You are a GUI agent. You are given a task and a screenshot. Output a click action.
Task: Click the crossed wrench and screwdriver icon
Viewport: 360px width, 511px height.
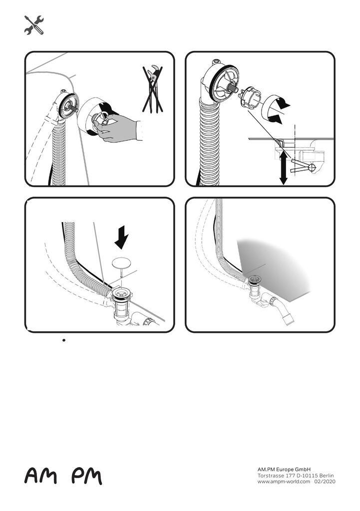[x=34, y=25]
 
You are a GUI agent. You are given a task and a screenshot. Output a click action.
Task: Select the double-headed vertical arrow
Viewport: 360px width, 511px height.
[x=284, y=168]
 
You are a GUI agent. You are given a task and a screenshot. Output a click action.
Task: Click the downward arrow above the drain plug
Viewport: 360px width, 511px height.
[x=122, y=238]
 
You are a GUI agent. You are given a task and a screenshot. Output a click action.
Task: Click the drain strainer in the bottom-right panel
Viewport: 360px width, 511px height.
[x=254, y=279]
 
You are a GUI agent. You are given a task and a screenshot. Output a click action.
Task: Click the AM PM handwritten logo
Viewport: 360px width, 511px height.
[x=63, y=476]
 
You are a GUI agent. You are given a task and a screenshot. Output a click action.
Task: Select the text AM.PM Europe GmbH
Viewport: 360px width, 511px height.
[x=284, y=470]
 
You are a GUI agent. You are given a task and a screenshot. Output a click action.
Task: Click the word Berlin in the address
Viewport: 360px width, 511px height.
[x=327, y=476]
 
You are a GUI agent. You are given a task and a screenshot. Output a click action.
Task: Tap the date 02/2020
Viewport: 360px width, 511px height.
[x=325, y=482]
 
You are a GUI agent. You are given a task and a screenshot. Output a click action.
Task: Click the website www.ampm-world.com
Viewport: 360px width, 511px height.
[x=284, y=482]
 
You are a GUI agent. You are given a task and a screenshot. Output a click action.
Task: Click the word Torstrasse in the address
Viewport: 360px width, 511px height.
[x=270, y=476]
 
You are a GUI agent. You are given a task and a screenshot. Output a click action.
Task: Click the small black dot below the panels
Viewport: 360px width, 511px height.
[x=64, y=340]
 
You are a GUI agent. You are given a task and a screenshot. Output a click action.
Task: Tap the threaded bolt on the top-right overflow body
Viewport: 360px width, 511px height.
[x=233, y=87]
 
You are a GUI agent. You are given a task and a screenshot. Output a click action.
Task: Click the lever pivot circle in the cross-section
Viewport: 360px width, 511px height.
[x=312, y=168]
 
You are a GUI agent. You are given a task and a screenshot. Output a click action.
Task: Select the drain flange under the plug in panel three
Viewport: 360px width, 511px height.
[x=122, y=293]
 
